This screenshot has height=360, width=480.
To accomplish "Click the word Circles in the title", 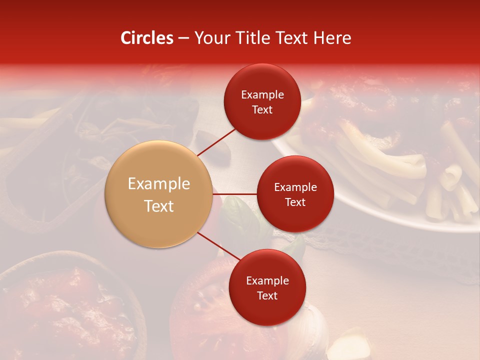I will pos(146,38).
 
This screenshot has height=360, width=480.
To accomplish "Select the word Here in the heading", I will pos(332,38).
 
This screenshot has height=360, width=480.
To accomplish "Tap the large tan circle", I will pos(159,194).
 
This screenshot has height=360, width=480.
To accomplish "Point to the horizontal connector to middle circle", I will pos(235,194).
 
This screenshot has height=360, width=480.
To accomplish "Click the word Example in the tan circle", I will pos(159,183).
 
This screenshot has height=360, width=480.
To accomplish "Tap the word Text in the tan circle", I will pos(159,206).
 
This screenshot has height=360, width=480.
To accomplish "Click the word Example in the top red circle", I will pos(262,95).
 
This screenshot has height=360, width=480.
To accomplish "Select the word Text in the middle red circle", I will pos(295,202).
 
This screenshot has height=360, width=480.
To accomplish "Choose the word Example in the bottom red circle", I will pos(267,281).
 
